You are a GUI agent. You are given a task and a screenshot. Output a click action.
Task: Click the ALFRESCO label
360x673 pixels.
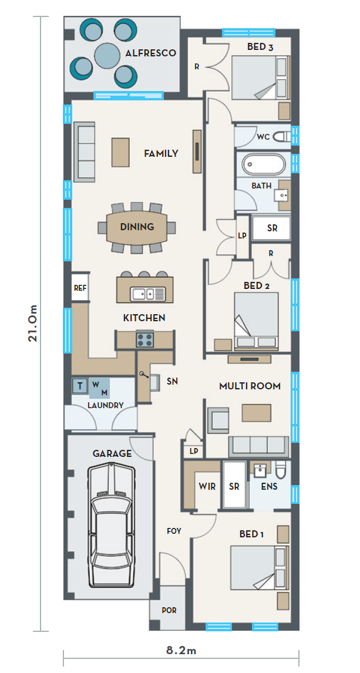pyautogui.click(x=150, y=53)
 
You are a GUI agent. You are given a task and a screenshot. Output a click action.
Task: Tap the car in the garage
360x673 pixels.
pyautogui.click(x=111, y=524)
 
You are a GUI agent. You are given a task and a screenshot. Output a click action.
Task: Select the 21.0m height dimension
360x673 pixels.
pyautogui.click(x=33, y=323)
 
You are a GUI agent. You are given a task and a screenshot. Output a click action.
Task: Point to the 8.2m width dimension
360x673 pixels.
pyautogui.click(x=181, y=650)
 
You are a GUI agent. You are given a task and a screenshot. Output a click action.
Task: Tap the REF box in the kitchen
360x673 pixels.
pyautogui.click(x=80, y=288)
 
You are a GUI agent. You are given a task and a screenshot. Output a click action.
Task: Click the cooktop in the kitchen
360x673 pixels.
pyautogui.click(x=145, y=339)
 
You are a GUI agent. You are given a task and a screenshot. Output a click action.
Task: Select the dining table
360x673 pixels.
pyautogui.click(x=137, y=227)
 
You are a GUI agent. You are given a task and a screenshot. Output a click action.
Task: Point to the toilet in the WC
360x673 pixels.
pyautogui.click(x=282, y=137)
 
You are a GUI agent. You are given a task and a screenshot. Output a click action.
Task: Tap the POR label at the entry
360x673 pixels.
pyautogui.click(x=169, y=610)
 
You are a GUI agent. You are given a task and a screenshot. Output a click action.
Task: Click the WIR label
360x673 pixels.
pyautogui.click(x=207, y=486)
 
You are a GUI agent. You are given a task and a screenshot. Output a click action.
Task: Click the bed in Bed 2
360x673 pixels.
pyautogui.click(x=256, y=319)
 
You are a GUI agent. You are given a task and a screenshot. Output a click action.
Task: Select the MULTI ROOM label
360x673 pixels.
pyautogui.click(x=250, y=386)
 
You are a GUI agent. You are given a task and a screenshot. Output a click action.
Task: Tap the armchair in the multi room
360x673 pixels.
pyautogui.click(x=218, y=420)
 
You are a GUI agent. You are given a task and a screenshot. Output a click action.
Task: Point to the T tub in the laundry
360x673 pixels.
pyautogui.click(x=79, y=385)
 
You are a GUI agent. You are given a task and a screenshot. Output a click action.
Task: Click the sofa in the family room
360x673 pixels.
pyautogui.click(x=84, y=152)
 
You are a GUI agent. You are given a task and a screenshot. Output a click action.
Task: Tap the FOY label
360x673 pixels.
pyautogui.click(x=174, y=530)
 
